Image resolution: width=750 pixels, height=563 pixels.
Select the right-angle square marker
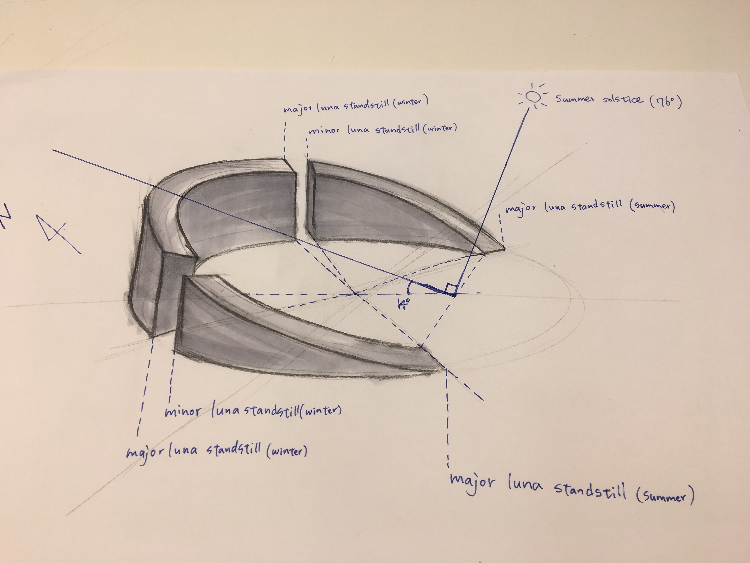pos(451,289)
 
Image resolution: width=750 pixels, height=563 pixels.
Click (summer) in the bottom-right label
pos(665,496)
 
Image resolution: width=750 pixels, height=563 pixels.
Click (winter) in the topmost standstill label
pos(410,101)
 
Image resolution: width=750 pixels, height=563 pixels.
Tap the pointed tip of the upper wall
pos(504,249)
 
